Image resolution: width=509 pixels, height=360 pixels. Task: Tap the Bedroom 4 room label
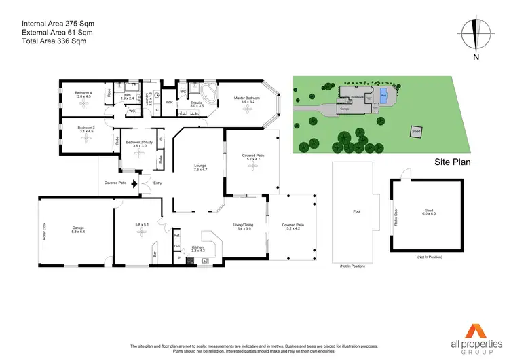pos(84,94)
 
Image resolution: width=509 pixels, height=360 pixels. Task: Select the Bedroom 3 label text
pos(86,128)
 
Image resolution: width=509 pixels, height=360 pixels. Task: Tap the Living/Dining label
pos(242,227)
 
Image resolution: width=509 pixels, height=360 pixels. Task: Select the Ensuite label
pos(196,103)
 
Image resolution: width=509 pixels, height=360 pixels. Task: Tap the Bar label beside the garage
pos(155,255)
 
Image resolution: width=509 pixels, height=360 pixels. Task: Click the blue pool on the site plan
pos(384,94)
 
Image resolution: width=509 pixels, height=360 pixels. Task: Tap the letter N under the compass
pos(477,57)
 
